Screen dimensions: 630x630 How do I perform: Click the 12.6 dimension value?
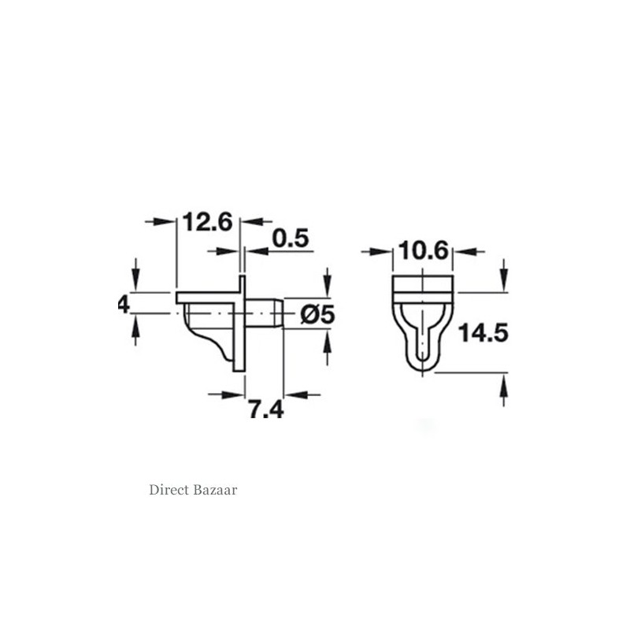point(206,222)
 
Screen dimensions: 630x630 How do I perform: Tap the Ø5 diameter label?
point(317,314)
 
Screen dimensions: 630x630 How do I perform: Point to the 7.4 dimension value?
point(265,410)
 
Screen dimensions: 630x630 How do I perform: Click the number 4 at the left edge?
point(123,303)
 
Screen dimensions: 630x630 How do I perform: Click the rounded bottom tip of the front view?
point(424,369)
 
